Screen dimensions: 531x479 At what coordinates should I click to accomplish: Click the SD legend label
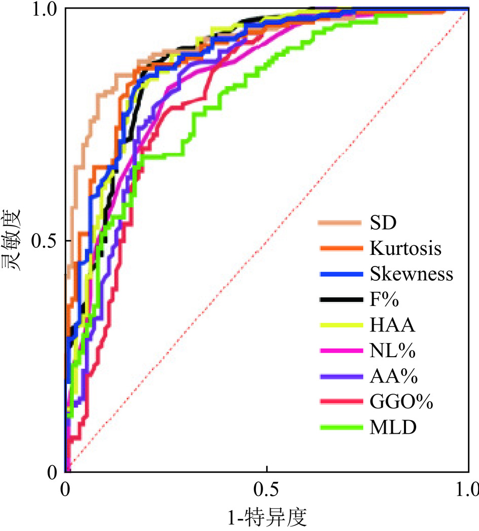(384, 222)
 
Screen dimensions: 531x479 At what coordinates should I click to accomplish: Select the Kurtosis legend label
(406, 248)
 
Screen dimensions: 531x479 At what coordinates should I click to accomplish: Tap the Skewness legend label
(411, 274)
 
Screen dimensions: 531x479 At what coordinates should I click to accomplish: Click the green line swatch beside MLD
(341, 428)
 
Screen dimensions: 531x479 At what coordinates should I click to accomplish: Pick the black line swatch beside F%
(341, 299)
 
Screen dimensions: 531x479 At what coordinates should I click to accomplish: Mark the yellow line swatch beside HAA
(341, 325)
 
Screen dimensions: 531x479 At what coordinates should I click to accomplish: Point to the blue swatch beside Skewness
(341, 274)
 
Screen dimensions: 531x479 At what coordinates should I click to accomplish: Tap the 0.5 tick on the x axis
(267, 490)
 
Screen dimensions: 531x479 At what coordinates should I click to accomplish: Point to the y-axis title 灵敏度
(13, 240)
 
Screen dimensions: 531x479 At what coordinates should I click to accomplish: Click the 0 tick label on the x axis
(65, 490)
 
